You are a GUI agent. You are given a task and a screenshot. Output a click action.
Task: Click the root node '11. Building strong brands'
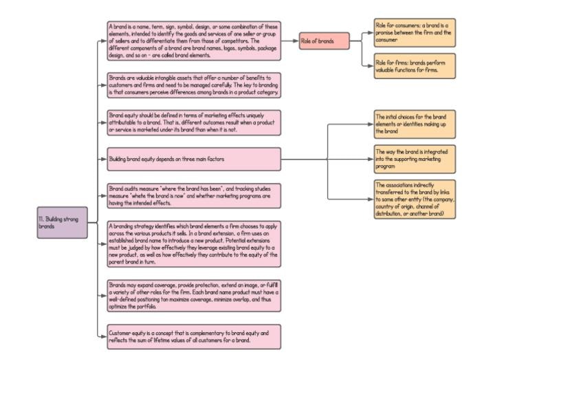[62, 223]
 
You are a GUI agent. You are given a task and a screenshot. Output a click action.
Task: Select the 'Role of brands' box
[324, 41]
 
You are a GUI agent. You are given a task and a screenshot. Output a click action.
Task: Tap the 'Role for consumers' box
[415, 32]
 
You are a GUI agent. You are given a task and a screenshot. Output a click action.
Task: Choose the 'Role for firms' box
[415, 66]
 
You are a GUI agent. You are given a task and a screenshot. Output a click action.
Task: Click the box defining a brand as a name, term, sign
[194, 41]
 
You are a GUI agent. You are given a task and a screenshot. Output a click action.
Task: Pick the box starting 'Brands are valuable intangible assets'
[194, 85]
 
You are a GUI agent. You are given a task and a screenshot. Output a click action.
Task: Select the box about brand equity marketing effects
[194, 122]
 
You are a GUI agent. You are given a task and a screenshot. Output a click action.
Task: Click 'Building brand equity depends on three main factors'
[194, 159]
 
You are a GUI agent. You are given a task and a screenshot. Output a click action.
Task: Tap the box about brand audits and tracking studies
[194, 196]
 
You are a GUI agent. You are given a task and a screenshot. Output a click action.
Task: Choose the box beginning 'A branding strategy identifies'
[194, 243]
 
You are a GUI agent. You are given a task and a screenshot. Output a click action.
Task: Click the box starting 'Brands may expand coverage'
[194, 296]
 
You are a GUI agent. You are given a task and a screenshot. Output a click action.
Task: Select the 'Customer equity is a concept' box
[194, 336]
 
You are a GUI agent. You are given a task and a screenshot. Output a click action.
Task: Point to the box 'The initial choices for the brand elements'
[415, 124]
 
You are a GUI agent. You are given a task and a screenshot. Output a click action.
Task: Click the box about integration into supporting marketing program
[415, 159]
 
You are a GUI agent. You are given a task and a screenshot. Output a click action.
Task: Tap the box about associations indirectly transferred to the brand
[415, 199]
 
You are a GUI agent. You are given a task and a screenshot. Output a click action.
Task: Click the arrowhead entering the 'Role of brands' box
[296, 41]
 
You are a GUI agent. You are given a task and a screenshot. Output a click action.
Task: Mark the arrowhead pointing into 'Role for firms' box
[371, 66]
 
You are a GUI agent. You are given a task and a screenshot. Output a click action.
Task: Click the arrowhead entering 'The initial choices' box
[371, 124]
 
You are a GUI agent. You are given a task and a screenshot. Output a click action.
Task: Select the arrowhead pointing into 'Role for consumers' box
[371, 32]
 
